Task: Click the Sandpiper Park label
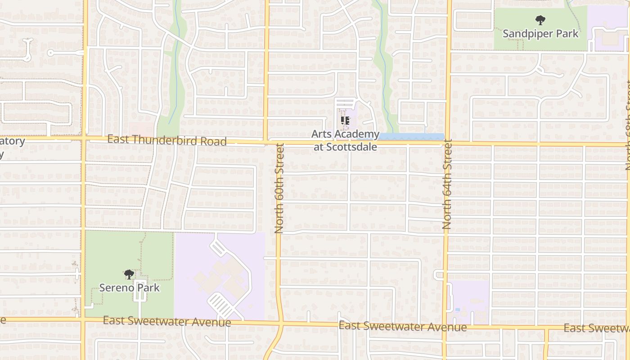(x=540, y=34)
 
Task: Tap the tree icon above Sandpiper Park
(x=540, y=20)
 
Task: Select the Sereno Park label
(x=129, y=288)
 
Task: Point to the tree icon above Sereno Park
(x=129, y=274)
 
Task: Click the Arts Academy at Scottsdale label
(x=345, y=140)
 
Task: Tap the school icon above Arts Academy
(x=345, y=121)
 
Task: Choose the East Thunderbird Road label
(x=166, y=140)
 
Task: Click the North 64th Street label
(x=447, y=184)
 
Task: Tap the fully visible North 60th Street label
(x=279, y=188)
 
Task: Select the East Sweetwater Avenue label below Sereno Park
(x=166, y=321)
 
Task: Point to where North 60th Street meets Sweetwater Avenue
(x=279, y=323)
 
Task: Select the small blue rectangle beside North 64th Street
(x=458, y=310)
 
